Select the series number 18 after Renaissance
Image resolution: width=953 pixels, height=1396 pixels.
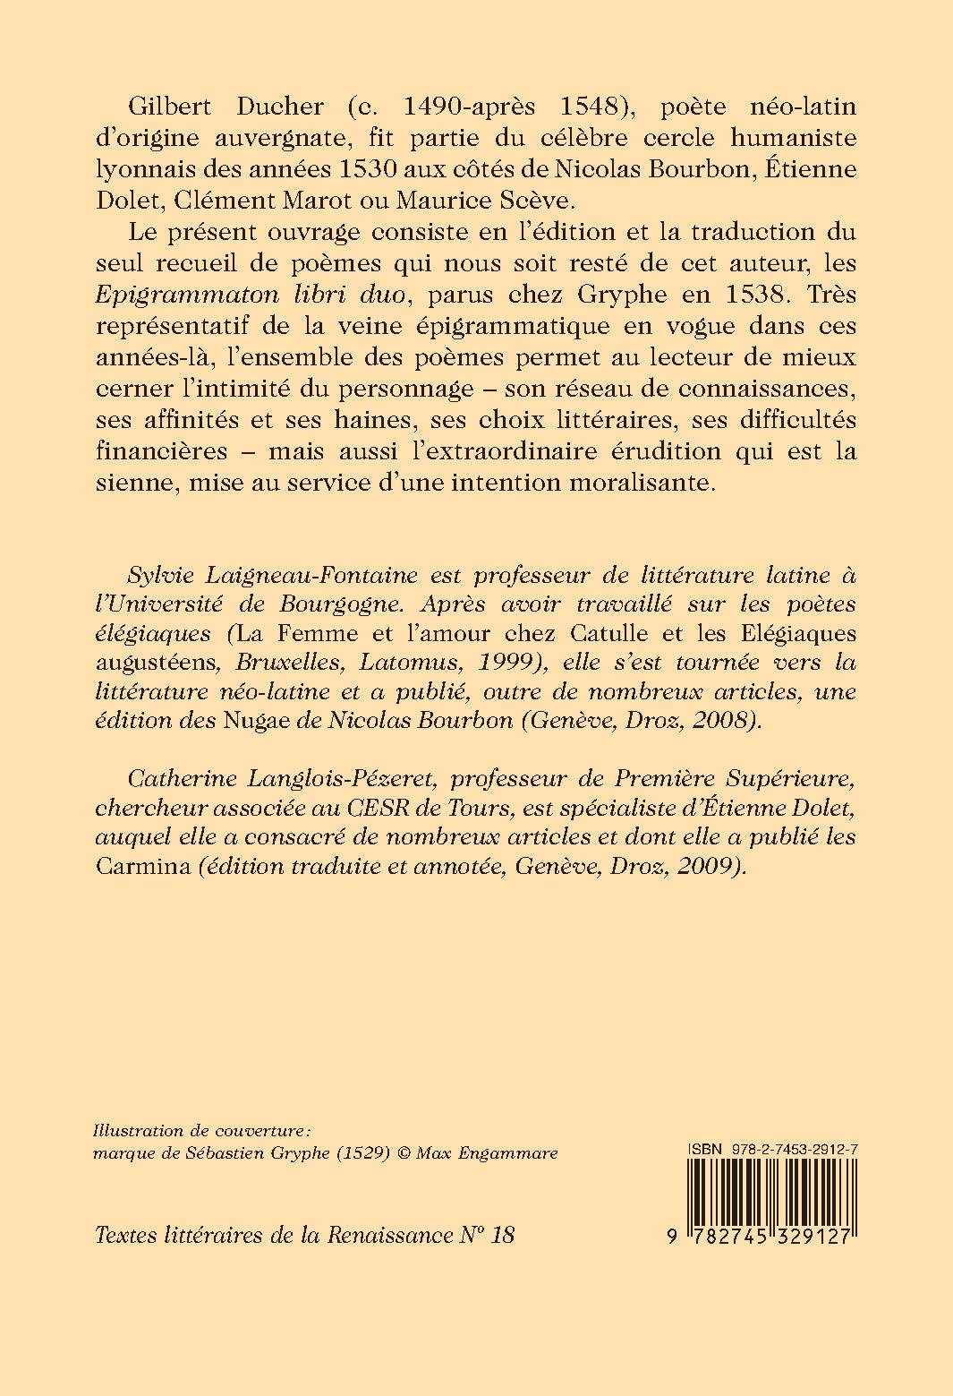[504, 1235]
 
